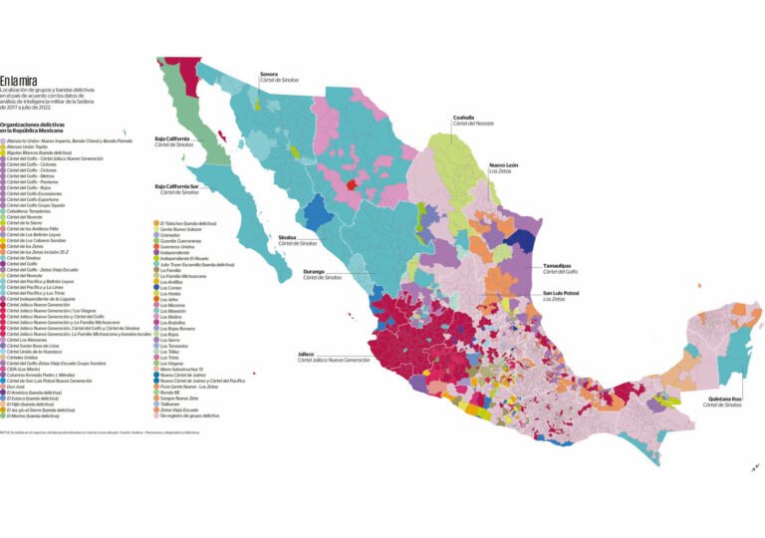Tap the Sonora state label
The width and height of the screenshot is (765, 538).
click(x=269, y=74)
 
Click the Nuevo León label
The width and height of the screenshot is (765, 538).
click(x=504, y=164)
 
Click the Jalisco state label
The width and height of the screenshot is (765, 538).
click(x=312, y=354)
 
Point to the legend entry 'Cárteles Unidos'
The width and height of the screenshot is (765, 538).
click(x=24, y=357)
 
